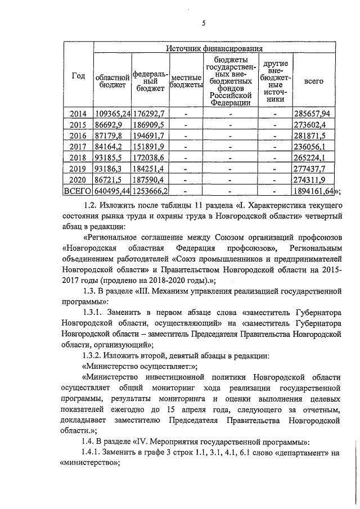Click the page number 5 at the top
pos(204,22)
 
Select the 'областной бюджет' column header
pos(112,80)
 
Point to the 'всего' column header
pos(314,81)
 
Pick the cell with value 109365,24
pos(112,114)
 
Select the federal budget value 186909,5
pos(148,125)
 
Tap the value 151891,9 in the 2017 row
pos(148,147)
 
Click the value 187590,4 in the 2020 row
pos(148,180)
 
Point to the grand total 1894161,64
pos(314,191)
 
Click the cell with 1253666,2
pos(150,191)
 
